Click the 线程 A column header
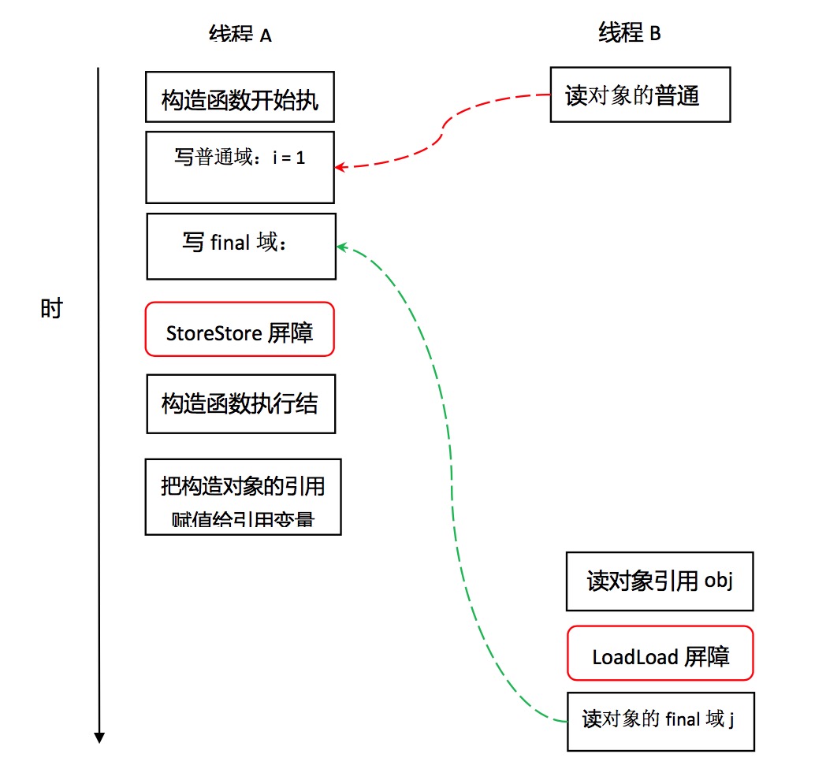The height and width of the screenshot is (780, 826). pos(240,35)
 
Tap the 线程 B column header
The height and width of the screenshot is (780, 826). pos(629,34)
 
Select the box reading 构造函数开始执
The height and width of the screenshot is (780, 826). pos(240,97)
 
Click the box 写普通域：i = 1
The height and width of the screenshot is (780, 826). pos(240,167)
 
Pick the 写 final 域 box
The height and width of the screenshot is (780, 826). pos(241,246)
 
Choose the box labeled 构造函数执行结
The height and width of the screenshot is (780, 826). pos(240,404)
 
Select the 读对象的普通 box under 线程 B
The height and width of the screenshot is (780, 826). pos(639,95)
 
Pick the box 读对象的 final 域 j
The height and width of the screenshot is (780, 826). pos(660,720)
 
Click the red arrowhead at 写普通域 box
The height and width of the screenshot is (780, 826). pos(340,167)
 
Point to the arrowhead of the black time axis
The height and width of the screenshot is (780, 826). pos(99,737)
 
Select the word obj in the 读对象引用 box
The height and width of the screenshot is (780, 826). pos(719,582)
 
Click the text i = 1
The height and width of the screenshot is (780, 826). pos(289,158)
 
